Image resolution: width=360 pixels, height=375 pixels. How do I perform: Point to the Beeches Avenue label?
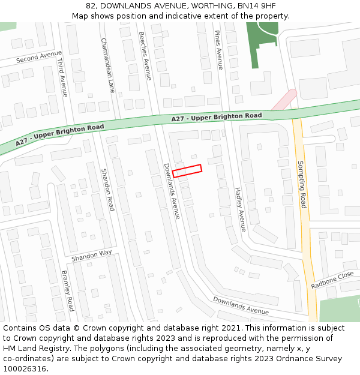(145, 56)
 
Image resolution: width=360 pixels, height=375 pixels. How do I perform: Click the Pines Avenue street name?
(219, 50)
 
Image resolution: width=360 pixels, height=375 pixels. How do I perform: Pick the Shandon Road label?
(107, 188)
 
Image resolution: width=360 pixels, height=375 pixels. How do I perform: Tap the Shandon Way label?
(92, 255)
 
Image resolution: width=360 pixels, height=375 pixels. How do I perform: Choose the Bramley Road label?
(67, 290)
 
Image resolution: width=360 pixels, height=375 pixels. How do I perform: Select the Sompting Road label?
(302, 184)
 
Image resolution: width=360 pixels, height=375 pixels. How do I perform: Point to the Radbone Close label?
(332, 280)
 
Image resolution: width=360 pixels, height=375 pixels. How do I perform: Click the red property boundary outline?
(187, 171)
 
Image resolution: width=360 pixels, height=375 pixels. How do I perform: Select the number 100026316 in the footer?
(25, 368)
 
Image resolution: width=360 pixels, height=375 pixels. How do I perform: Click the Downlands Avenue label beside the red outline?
(172, 191)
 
